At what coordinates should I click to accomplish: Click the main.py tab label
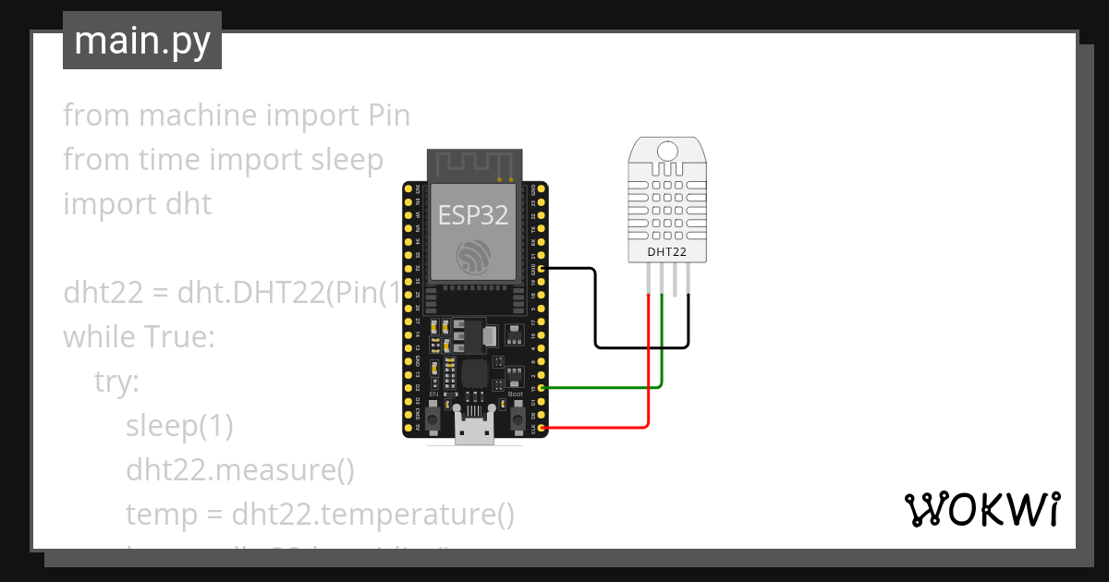coord(141,41)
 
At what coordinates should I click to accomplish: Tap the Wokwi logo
coord(981,510)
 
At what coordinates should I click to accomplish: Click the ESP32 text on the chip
coord(473,215)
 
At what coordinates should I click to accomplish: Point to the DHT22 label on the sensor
coord(667,250)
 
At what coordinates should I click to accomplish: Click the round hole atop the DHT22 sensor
coord(667,151)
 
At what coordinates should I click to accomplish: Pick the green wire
coord(601,388)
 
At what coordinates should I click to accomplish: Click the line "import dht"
coord(137,203)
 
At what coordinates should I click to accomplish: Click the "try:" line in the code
coord(116,382)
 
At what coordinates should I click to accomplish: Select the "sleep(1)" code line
coord(179,426)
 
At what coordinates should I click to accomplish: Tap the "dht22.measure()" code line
coord(240,470)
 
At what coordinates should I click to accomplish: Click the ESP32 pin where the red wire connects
coord(542,428)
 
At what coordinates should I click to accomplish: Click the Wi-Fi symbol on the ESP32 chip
coord(473,256)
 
